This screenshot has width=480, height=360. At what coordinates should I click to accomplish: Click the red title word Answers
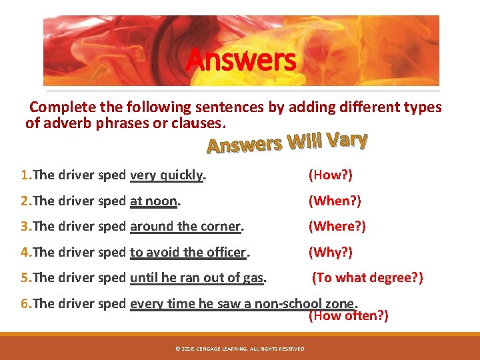[240, 59]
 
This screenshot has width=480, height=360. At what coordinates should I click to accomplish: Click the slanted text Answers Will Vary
[287, 141]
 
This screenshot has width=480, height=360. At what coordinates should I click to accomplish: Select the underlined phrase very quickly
[167, 175]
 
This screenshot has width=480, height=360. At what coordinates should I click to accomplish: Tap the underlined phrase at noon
[154, 201]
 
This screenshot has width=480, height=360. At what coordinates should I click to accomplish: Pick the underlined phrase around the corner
[185, 226]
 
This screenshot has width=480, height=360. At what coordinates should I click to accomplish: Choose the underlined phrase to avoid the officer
[189, 252]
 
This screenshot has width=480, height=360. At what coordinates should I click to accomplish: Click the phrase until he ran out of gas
[197, 277]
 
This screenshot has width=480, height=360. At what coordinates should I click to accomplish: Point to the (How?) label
[330, 175]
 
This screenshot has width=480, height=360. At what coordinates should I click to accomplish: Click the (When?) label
[334, 201]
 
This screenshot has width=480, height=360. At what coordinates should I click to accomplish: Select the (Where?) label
[337, 226]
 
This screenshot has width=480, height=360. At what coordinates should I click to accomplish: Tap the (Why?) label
[330, 252]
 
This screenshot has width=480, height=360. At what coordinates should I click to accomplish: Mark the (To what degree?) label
[367, 277]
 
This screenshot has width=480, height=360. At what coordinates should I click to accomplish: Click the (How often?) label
[348, 315]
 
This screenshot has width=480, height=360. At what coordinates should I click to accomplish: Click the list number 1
[25, 175]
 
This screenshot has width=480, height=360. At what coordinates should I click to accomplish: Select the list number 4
[25, 252]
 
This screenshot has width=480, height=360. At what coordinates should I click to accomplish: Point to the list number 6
[25, 303]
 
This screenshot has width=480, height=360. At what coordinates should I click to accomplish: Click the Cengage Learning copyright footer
[239, 349]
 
